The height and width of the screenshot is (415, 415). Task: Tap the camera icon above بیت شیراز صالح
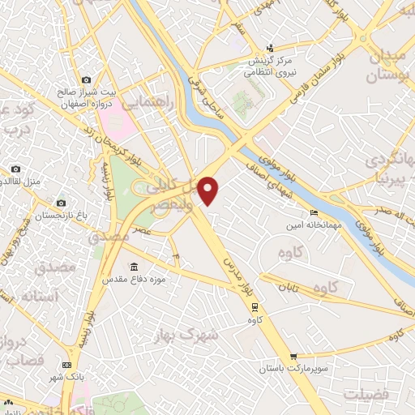[x=87, y=80]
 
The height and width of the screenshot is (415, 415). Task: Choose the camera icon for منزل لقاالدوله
[x=15, y=169]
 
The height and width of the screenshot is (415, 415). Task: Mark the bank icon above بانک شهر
[x=66, y=366]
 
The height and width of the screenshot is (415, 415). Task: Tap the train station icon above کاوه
[x=255, y=307]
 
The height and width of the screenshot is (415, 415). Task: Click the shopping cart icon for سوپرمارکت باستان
[x=293, y=356]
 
